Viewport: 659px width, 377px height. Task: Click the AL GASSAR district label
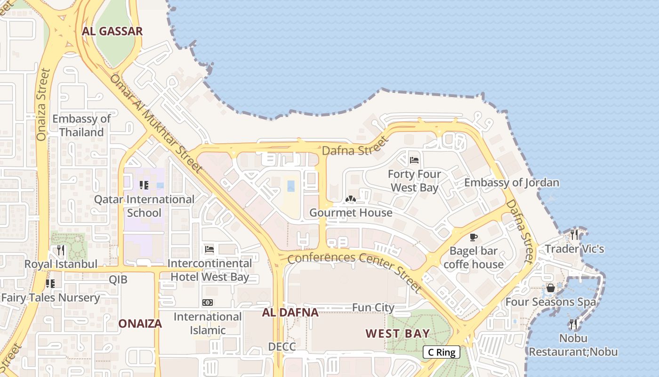pyautogui.click(x=112, y=32)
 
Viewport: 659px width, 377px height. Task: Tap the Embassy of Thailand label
pyautogui.click(x=81, y=125)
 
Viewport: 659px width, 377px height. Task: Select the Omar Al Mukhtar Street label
pyautogui.click(x=156, y=123)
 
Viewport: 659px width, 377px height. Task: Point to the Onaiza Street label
pyautogui.click(x=43, y=105)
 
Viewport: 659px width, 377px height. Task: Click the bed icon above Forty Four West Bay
pyautogui.click(x=414, y=160)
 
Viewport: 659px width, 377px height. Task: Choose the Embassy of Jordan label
pyautogui.click(x=512, y=182)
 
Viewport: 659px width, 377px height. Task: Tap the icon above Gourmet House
pyautogui.click(x=350, y=199)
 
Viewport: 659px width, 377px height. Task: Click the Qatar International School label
pyautogui.click(x=144, y=206)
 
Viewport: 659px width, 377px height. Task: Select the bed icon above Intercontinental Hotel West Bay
pyautogui.click(x=209, y=249)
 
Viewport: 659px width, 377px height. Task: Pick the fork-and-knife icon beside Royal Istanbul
pyautogui.click(x=61, y=250)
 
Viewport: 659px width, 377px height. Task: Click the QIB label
pyautogui.click(x=118, y=279)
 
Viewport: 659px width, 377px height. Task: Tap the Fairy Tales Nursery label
pyautogui.click(x=50, y=298)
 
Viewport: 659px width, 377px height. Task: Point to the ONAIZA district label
pyautogui.click(x=140, y=323)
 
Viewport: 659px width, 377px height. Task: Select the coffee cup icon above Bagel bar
pyautogui.click(x=474, y=237)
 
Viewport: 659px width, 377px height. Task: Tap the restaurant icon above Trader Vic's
pyautogui.click(x=574, y=234)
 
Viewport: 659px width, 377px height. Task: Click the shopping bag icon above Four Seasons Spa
pyautogui.click(x=550, y=287)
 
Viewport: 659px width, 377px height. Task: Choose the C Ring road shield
pyautogui.click(x=441, y=352)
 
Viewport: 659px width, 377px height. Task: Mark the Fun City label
pyautogui.click(x=373, y=308)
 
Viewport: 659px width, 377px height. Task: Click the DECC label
pyautogui.click(x=282, y=347)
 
